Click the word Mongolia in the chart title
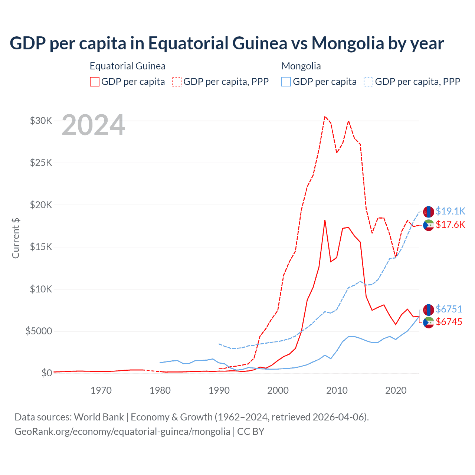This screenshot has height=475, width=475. pos(348,43)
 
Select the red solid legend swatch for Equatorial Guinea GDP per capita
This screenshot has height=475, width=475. pos(95,82)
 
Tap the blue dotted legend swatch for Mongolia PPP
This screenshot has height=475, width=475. pos(368,82)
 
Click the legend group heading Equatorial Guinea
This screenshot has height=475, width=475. pos(128,66)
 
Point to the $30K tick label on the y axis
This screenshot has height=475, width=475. pos(41,121)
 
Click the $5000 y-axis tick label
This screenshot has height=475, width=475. pos(39,331)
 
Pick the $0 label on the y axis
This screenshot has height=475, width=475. pos(46,373)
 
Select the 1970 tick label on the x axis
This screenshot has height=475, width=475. pos(101,390)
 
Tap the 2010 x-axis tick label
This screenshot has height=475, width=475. pos(337,390)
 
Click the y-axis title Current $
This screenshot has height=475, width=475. pos(16,238)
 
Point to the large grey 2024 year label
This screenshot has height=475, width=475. pos(93,125)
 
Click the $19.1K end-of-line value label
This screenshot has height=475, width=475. pos(450,211)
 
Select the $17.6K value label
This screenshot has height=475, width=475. pos(450,225)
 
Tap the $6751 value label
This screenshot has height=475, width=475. pos(449,309)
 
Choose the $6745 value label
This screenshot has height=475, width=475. pos(449,322)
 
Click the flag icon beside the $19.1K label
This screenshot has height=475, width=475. pos(429,212)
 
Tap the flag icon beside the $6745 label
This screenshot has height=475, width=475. pos(429,322)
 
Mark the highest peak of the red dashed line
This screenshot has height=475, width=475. pos(325,117)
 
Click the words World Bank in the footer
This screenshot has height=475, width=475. pos(99,417)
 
